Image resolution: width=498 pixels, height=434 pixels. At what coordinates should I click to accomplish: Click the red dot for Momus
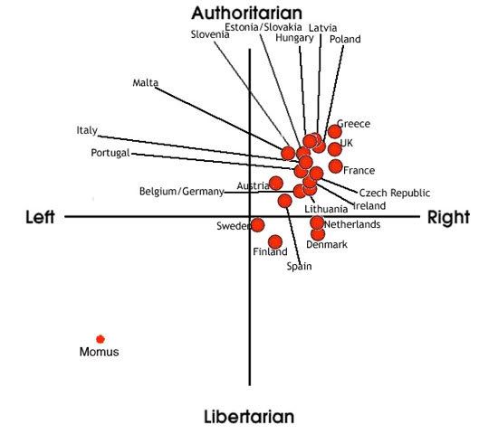tap(101, 339)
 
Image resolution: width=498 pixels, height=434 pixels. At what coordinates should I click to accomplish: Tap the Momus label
tap(99, 352)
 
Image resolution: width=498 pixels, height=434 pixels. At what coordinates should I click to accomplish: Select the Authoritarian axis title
tap(247, 13)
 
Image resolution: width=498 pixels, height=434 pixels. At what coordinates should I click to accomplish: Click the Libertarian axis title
tap(249, 417)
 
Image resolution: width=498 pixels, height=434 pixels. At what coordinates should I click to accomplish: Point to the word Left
tap(40, 217)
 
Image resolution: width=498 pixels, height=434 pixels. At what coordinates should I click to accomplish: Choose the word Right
tap(448, 218)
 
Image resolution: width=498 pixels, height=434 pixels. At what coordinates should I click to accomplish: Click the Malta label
tap(146, 82)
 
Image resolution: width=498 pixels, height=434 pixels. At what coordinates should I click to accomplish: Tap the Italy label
tap(87, 130)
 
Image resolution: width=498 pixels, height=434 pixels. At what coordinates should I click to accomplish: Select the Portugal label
tap(110, 153)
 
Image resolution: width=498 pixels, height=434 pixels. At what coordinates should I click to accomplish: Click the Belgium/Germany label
tap(182, 192)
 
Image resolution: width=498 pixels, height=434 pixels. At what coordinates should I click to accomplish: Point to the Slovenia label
tap(210, 34)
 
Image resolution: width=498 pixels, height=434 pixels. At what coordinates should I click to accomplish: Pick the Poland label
tap(345, 39)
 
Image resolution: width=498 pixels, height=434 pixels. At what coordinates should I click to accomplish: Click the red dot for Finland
tap(275, 242)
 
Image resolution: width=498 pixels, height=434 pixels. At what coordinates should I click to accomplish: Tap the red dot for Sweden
tap(257, 225)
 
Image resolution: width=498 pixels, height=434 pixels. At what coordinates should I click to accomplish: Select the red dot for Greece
tap(335, 131)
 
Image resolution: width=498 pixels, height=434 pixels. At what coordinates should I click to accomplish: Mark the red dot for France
tap(335, 166)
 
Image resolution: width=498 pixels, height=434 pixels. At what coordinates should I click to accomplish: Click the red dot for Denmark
tap(318, 234)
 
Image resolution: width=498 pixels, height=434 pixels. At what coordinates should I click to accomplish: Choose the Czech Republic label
tap(395, 193)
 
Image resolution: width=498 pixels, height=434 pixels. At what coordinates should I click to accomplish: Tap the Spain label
tap(299, 266)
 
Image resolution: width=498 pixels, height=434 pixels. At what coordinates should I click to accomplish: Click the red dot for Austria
tap(275, 183)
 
